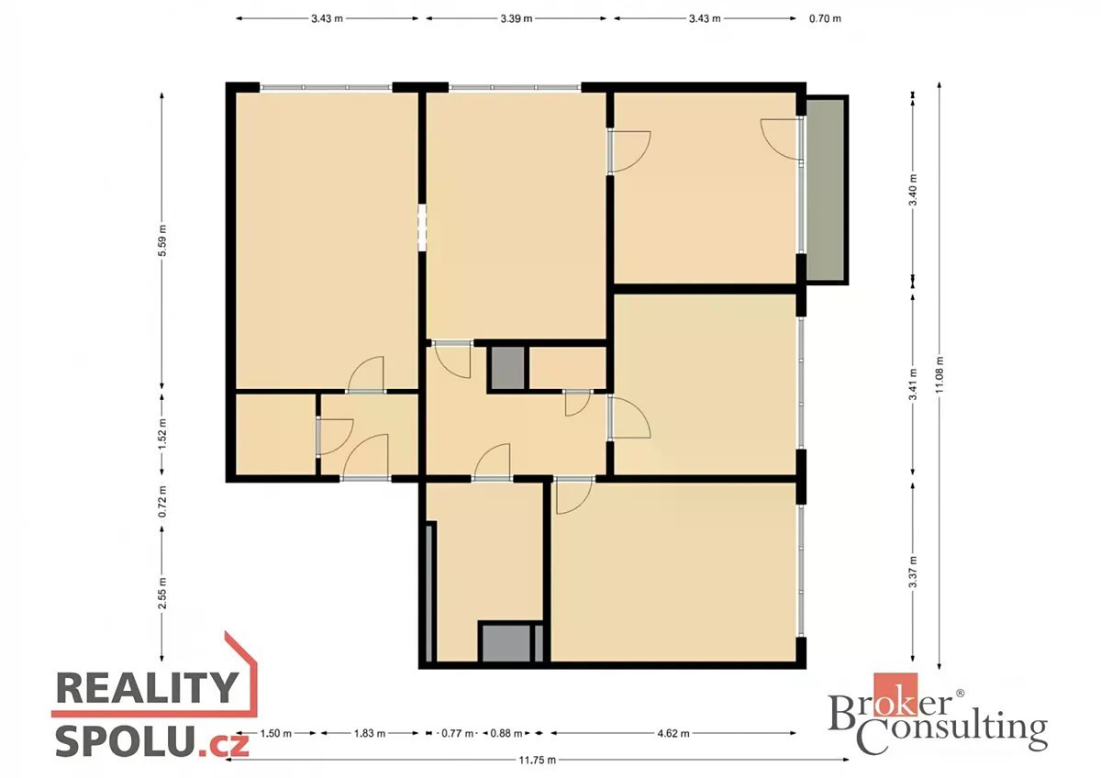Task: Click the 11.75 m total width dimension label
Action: point(538,760)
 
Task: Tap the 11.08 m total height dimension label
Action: point(940,374)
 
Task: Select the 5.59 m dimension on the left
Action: point(162,240)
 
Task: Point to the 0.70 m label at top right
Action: point(825,18)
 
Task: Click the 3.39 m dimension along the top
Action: point(516,18)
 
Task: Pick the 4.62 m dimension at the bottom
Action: point(673,733)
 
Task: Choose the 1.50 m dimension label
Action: point(276,733)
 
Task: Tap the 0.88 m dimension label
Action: point(506,733)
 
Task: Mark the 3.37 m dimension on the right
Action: point(913,572)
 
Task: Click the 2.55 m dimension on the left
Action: point(162,593)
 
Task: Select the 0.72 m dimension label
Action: point(162,501)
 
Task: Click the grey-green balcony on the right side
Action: point(828,190)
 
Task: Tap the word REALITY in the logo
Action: point(148,688)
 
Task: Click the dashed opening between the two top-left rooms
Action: point(422,228)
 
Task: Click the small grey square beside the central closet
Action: point(507,369)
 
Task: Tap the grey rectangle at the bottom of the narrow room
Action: point(506,643)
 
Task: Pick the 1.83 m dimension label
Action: point(370,733)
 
